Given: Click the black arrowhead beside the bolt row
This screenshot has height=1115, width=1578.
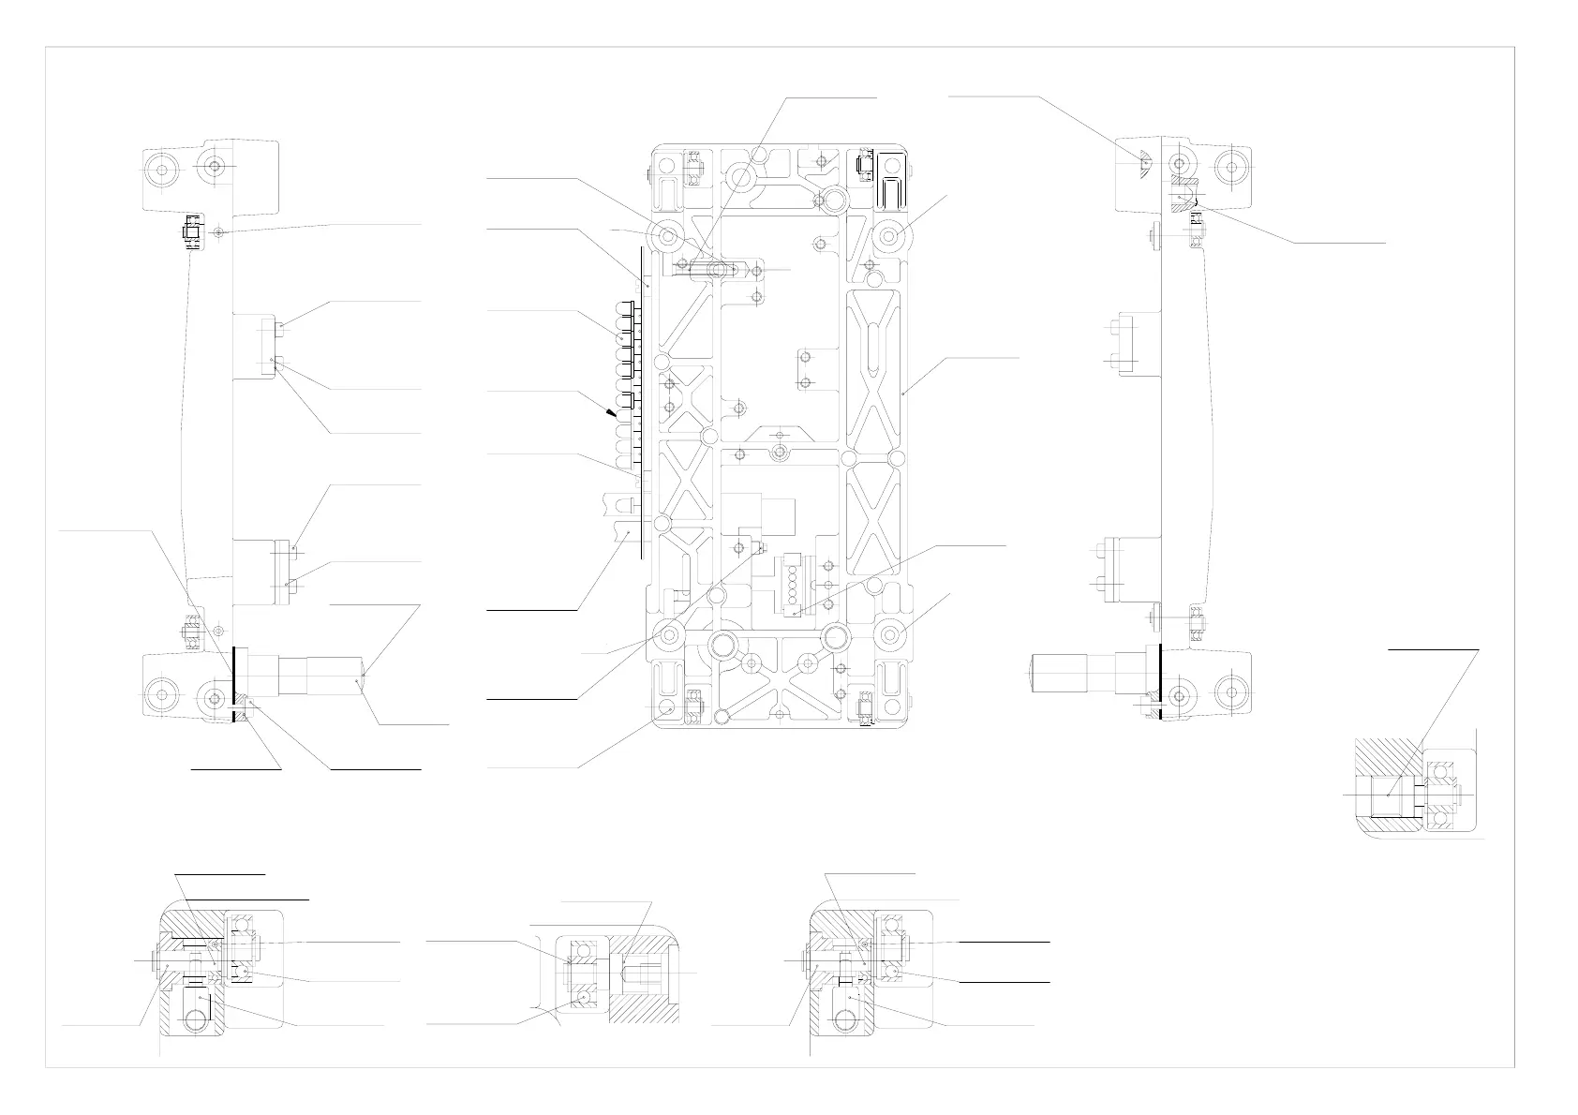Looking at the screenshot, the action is (x=612, y=410).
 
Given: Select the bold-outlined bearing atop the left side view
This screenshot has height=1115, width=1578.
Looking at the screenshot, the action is (x=192, y=230).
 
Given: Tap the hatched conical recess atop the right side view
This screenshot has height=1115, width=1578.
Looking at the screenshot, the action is (x=1144, y=160).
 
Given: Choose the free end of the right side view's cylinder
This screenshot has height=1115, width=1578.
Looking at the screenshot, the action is (x=1034, y=673).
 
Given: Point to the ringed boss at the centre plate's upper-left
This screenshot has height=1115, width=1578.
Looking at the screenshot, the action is (x=670, y=235).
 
